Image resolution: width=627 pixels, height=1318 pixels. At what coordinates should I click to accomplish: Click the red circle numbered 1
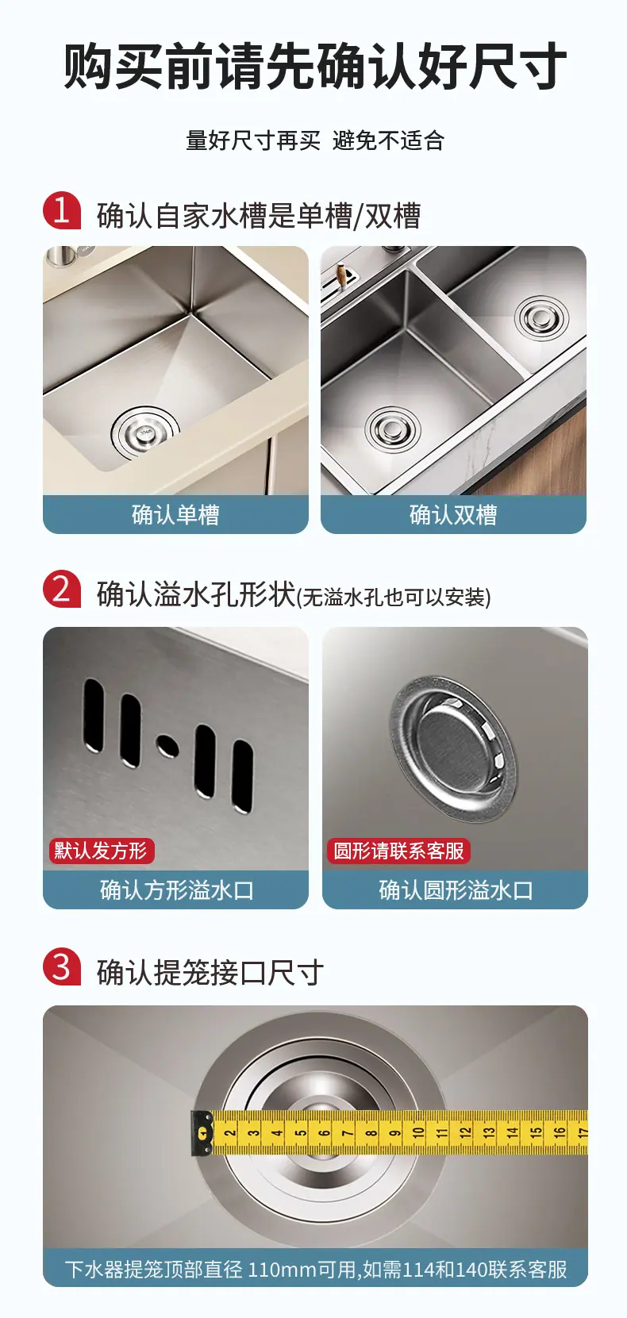pos(62,210)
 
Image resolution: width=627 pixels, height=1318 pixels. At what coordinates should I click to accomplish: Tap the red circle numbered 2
pos(62,589)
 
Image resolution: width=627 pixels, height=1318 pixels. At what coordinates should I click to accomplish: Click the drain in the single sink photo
pos(145,433)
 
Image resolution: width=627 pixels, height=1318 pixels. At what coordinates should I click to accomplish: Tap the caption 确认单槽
pos(175,515)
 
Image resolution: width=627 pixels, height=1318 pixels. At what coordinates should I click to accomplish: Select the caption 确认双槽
pos(453,515)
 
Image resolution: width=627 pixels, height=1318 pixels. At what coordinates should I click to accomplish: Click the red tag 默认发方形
pos(102,851)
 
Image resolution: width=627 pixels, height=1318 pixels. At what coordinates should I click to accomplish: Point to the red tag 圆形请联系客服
pos(398,851)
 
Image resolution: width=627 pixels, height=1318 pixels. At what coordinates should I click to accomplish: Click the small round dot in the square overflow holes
pos(167,746)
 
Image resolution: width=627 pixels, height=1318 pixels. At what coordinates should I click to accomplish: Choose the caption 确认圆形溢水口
pos(456,890)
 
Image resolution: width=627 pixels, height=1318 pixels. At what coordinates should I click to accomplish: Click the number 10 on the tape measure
pos(418,1132)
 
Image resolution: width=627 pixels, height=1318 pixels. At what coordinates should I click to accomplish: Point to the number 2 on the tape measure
pos(230,1132)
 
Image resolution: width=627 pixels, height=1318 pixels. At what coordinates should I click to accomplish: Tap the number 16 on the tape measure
pos(560,1132)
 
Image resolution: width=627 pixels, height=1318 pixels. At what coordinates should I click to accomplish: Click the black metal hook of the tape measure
pos(202,1132)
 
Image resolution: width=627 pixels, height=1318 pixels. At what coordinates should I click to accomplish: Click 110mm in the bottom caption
pos(282,1270)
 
